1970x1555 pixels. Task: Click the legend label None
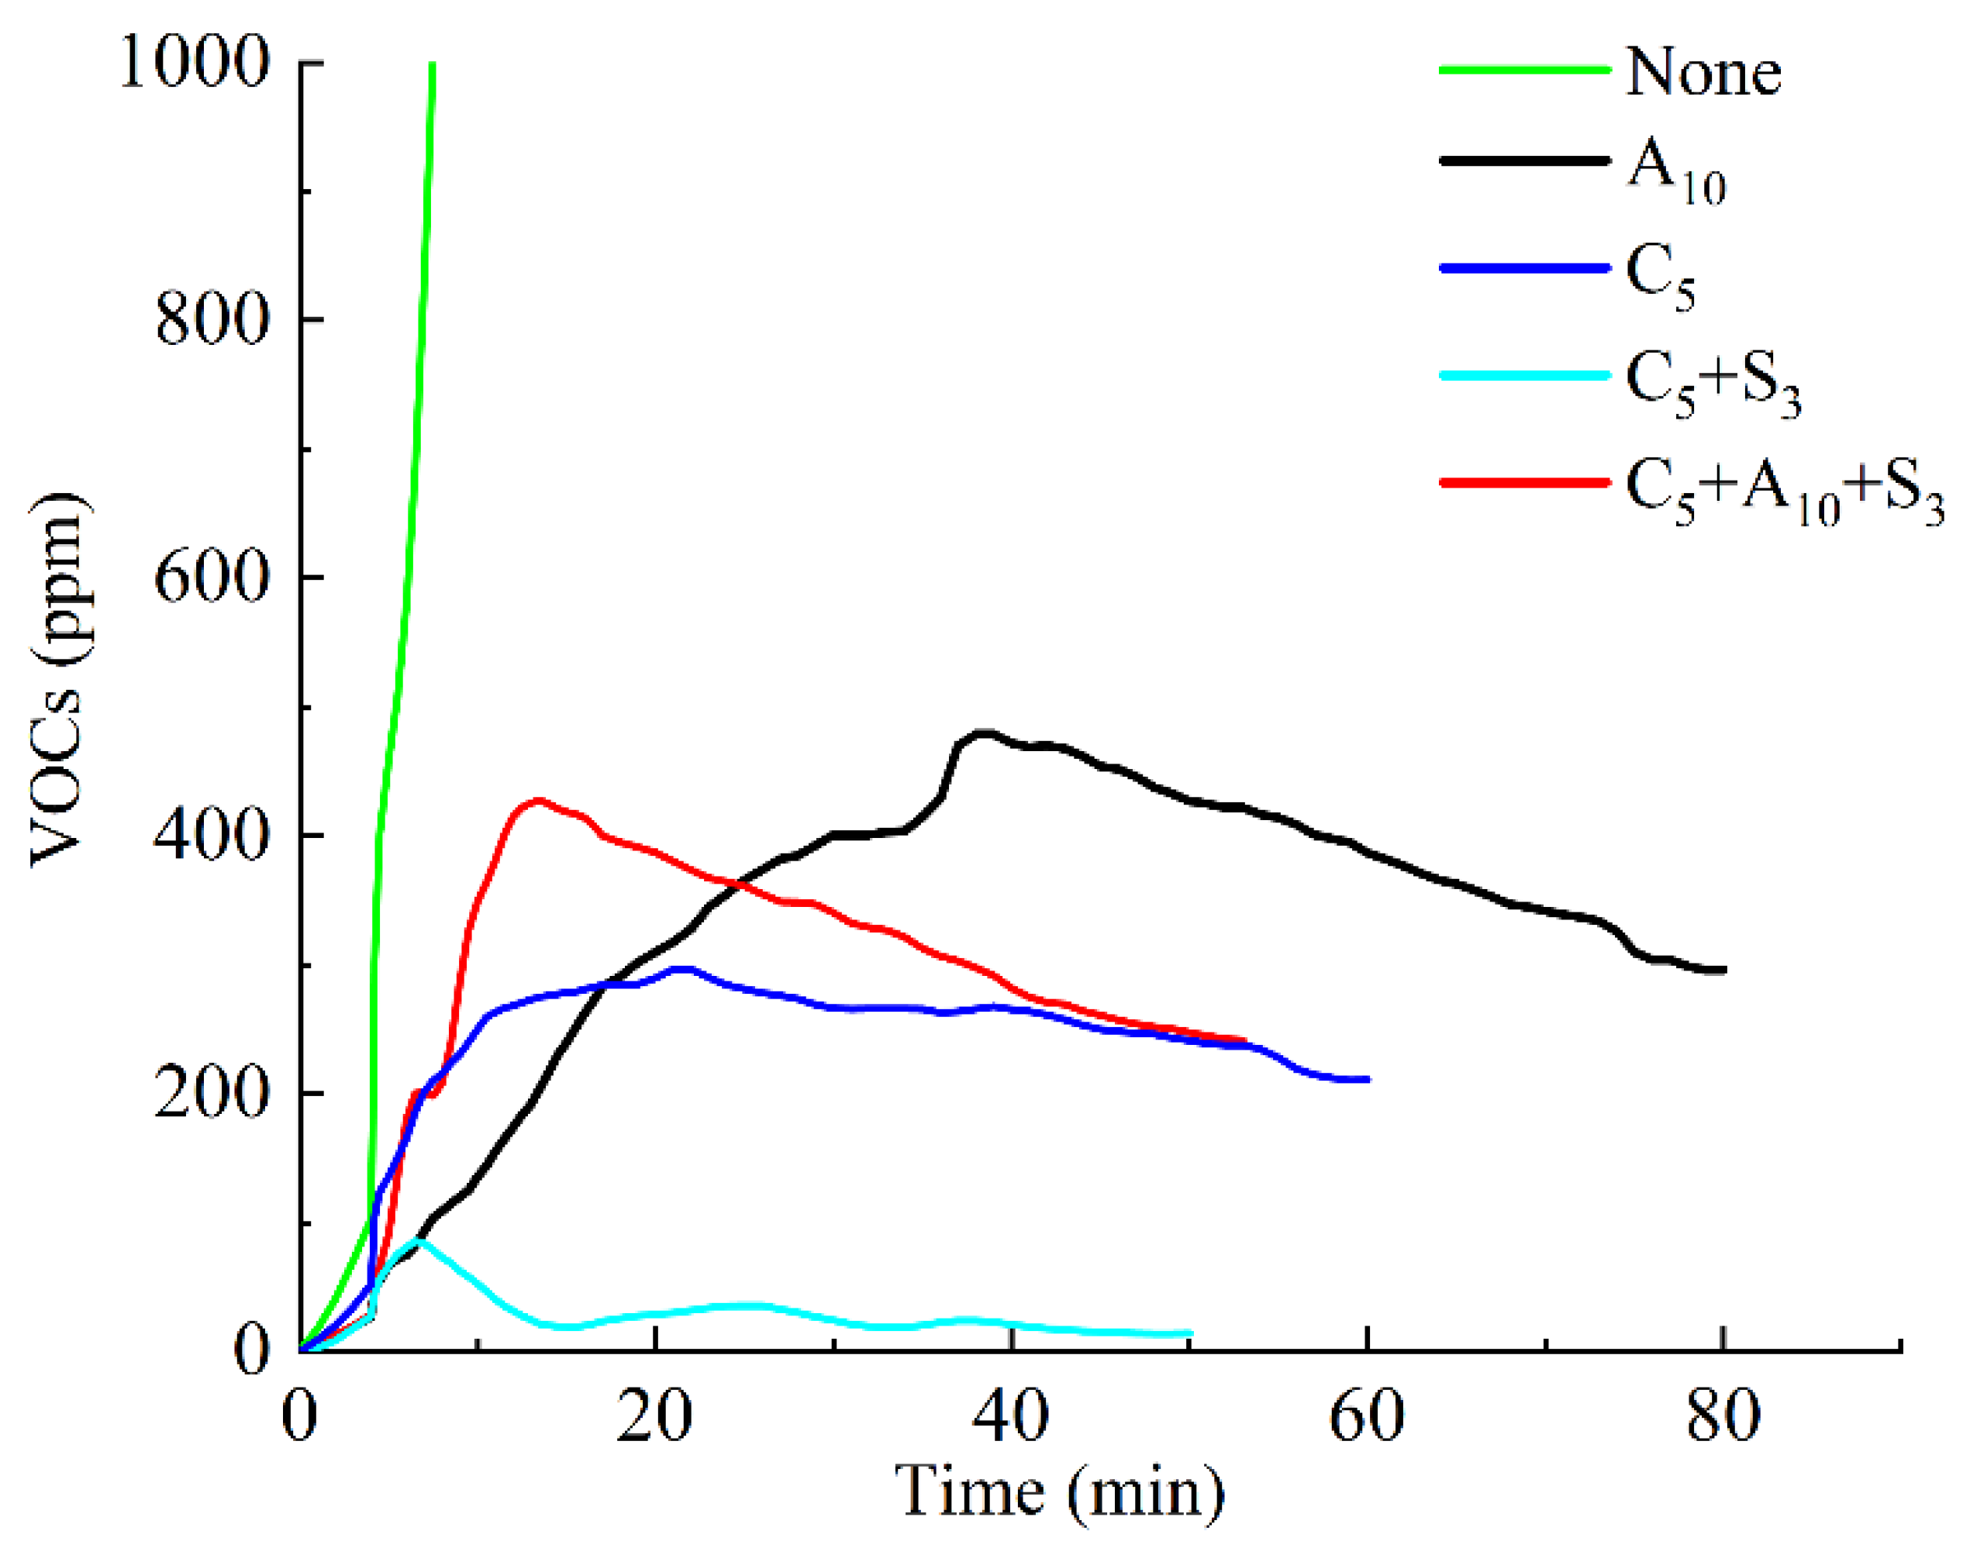click(x=1703, y=72)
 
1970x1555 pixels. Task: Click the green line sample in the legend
click(x=1525, y=68)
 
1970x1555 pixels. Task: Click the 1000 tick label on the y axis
click(x=195, y=64)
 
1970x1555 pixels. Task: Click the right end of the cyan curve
click(x=1190, y=1334)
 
